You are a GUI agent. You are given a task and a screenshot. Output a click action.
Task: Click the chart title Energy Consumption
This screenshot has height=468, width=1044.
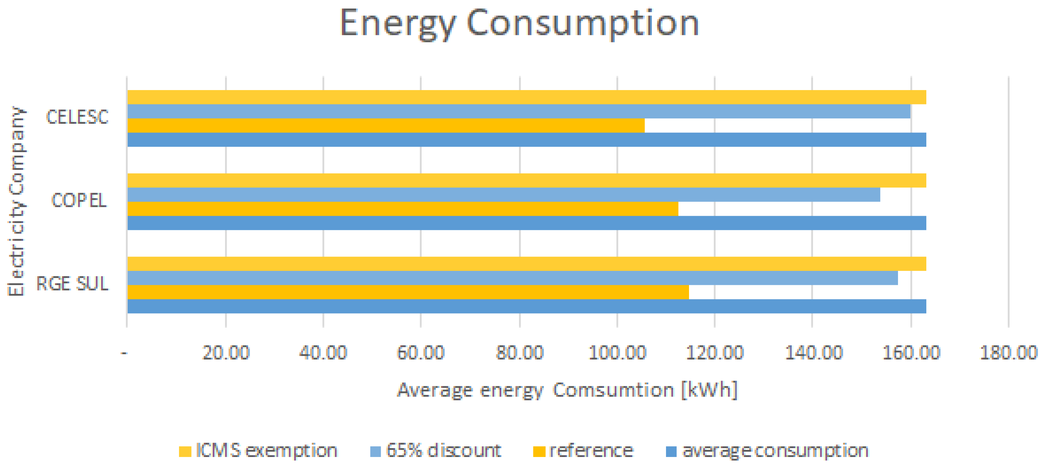click(x=519, y=24)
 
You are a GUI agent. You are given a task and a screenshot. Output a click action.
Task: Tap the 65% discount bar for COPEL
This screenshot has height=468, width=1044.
click(x=503, y=195)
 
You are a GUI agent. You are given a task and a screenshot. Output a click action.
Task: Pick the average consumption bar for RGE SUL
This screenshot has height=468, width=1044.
click(x=526, y=306)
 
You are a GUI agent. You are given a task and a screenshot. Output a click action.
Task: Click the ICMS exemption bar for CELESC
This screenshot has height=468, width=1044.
click(x=526, y=97)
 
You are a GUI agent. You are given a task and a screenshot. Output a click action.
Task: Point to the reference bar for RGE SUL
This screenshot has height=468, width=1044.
click(x=408, y=292)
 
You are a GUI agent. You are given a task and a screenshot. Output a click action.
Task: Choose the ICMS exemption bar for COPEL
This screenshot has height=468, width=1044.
click(x=526, y=180)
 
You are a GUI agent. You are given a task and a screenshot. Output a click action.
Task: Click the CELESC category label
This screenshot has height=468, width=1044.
click(x=77, y=117)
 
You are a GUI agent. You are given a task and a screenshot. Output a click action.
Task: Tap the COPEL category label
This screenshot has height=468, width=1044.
click(x=79, y=200)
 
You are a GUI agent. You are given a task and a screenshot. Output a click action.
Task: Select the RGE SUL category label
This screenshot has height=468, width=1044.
click(x=73, y=284)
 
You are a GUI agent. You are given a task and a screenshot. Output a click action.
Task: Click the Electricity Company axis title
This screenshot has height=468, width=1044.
click(x=16, y=201)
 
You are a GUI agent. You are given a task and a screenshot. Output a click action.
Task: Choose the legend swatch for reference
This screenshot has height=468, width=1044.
click(x=539, y=451)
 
